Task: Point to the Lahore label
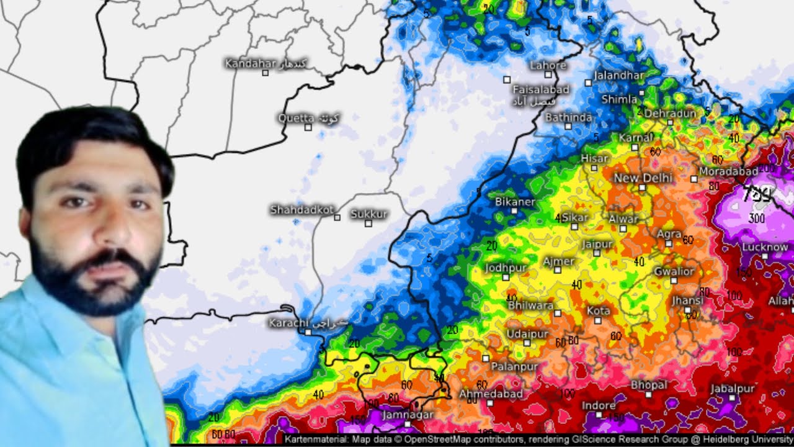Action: click(x=548, y=65)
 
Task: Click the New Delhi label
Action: click(x=643, y=178)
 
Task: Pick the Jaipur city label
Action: click(x=597, y=244)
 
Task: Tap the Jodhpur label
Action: click(x=506, y=268)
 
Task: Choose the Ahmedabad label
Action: click(x=491, y=394)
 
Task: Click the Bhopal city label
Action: click(x=649, y=385)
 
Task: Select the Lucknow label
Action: click(x=765, y=247)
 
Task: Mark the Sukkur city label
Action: click(x=368, y=214)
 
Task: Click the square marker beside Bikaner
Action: click(x=514, y=210)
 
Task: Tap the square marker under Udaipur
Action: click(x=527, y=343)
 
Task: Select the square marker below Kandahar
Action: click(x=265, y=73)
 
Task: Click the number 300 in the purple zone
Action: click(x=756, y=219)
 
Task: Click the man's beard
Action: click(x=93, y=282)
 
